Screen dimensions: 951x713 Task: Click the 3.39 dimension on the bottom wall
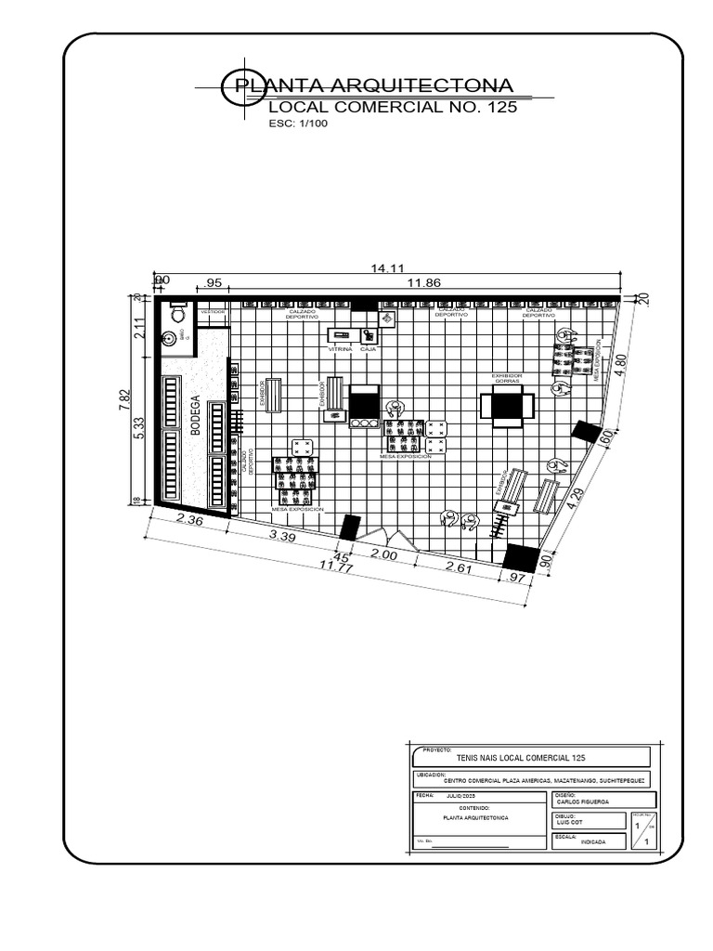282,536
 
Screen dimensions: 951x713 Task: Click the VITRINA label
340,348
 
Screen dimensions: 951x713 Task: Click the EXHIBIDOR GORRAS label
507,378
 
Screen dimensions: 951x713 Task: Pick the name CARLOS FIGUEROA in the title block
583,801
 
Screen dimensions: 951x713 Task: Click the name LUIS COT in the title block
570,821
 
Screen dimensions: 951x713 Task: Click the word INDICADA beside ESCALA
592,841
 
